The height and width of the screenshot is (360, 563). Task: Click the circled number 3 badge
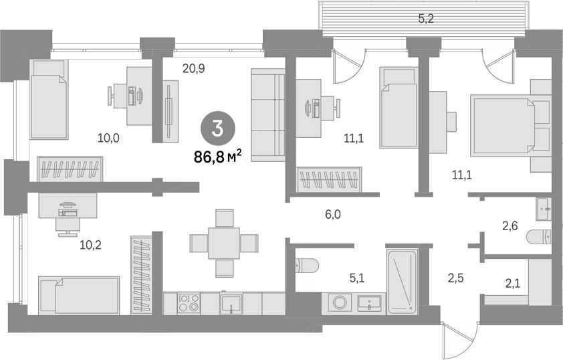pyautogui.click(x=217, y=129)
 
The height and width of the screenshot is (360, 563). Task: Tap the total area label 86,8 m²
pyautogui.click(x=217, y=157)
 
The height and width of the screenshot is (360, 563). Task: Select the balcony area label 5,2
pyautogui.click(x=426, y=18)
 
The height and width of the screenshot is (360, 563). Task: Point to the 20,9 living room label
pyautogui.click(x=193, y=68)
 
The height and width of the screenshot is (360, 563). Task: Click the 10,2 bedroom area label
pyautogui.click(x=90, y=245)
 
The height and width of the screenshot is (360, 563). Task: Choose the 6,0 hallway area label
pyautogui.click(x=333, y=215)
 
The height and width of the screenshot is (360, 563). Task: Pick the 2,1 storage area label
pyautogui.click(x=513, y=284)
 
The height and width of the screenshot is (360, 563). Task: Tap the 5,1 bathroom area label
pyautogui.click(x=357, y=278)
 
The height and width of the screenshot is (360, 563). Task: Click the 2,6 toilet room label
pyautogui.click(x=510, y=226)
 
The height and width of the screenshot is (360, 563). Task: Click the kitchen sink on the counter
pyautogui.click(x=231, y=304)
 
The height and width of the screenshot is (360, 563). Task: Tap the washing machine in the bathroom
pyautogui.click(x=340, y=302)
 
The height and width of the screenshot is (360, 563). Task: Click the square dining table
pyautogui.click(x=224, y=243)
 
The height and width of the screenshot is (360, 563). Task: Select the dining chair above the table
pyautogui.click(x=225, y=217)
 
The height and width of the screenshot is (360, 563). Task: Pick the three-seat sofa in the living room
pyautogui.click(x=267, y=115)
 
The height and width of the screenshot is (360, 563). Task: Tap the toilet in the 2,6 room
pyautogui.click(x=538, y=237)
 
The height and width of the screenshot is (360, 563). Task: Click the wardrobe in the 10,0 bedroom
pyautogui.click(x=70, y=169)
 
